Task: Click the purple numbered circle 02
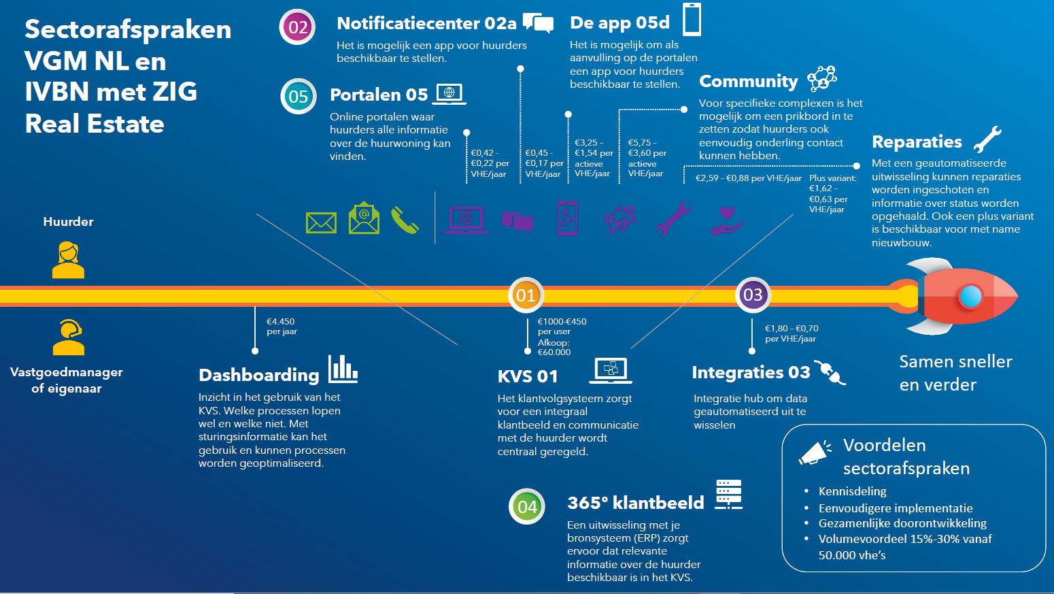(298, 27)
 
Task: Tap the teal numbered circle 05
(299, 96)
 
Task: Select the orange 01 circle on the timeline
(526, 295)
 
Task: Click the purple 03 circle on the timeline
(753, 295)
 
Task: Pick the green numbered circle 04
(527, 506)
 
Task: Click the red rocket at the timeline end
(959, 296)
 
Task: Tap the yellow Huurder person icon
(68, 261)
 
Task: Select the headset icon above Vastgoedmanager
(68, 337)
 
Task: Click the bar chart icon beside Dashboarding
(343, 369)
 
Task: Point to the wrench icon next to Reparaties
(987, 139)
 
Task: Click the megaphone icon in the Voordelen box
(815, 452)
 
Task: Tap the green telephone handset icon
(405, 220)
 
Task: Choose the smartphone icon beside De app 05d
(692, 19)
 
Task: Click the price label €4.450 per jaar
(281, 327)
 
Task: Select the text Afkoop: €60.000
(554, 347)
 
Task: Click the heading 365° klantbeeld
(635, 503)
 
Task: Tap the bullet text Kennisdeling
(852, 491)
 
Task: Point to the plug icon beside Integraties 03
(830, 372)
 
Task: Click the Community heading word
(748, 82)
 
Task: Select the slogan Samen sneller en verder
(955, 373)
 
